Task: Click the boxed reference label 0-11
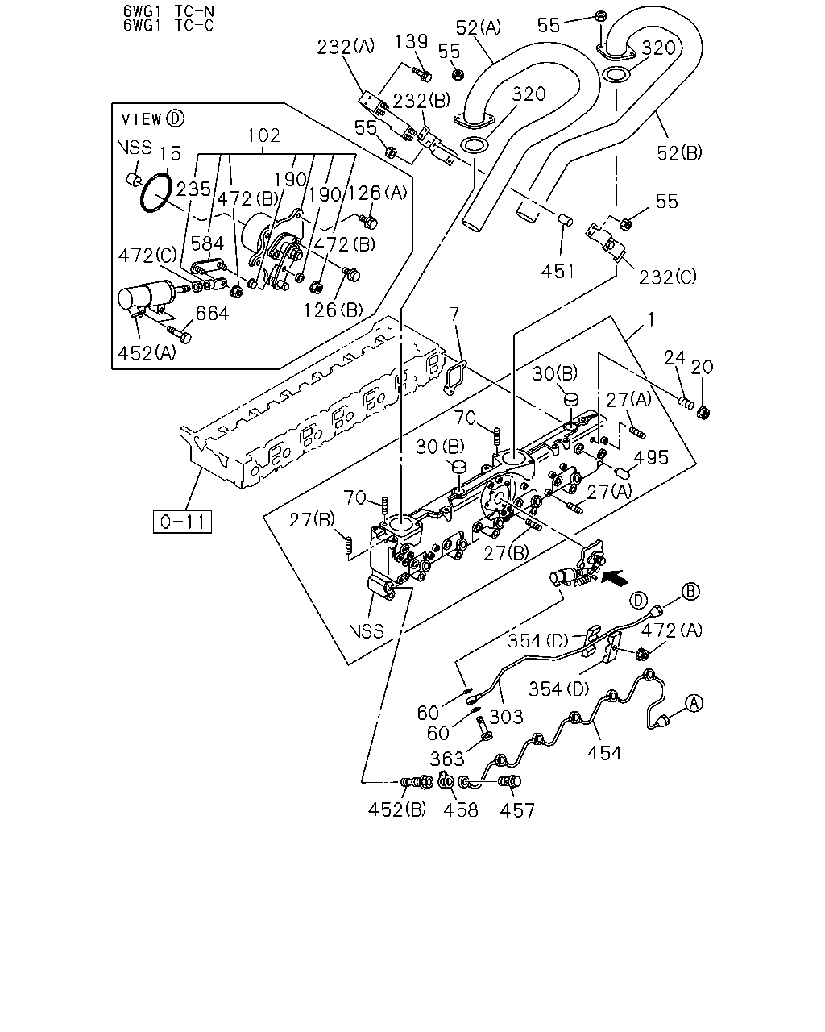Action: (x=182, y=522)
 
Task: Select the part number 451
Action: (x=558, y=272)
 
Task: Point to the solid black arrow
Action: (x=615, y=577)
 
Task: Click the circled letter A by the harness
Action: (x=694, y=704)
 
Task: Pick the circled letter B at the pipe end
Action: (x=690, y=591)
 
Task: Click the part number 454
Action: (x=604, y=753)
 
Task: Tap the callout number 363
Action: (x=447, y=759)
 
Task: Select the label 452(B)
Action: (x=397, y=810)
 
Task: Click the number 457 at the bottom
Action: (x=516, y=810)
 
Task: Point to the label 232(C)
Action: (x=667, y=277)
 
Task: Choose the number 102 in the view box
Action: (x=263, y=135)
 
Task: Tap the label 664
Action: (x=212, y=314)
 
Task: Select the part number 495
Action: (x=651, y=457)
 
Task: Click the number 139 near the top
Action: (x=411, y=42)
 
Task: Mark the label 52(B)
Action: (x=679, y=152)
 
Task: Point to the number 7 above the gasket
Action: (x=454, y=314)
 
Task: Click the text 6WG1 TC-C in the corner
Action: (x=168, y=25)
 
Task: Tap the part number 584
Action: (x=207, y=243)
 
